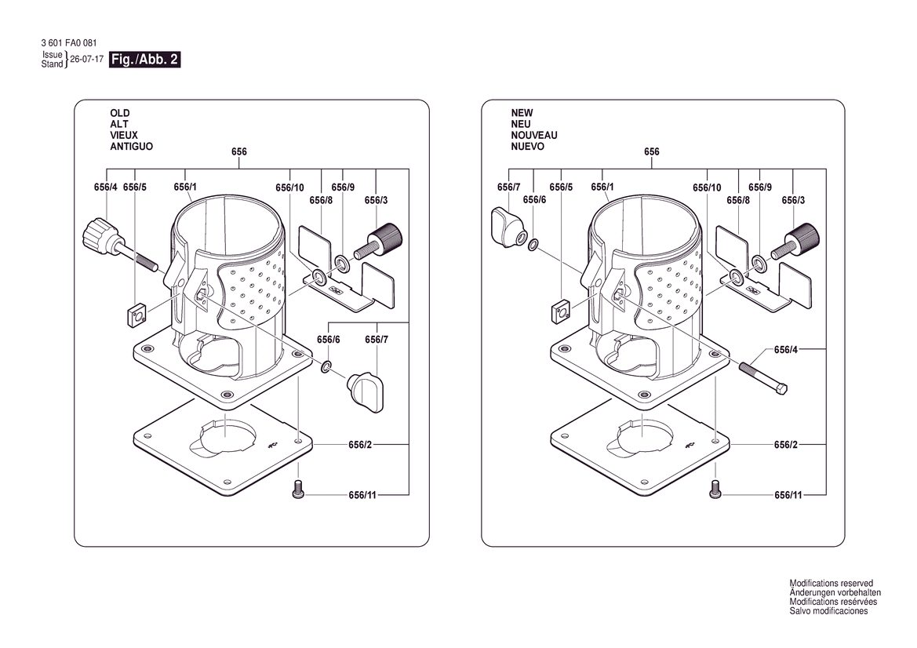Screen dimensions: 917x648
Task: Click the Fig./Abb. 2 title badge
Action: click(144, 60)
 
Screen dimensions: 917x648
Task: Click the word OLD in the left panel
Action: click(120, 113)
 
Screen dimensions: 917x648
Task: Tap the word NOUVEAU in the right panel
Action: click(534, 135)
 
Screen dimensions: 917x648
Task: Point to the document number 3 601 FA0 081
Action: click(69, 43)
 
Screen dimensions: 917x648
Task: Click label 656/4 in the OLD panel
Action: click(105, 187)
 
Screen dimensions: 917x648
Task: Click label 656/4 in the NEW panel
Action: click(785, 350)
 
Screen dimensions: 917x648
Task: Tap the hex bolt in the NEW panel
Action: click(762, 378)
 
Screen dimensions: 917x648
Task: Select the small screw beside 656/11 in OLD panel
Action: click(298, 490)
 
